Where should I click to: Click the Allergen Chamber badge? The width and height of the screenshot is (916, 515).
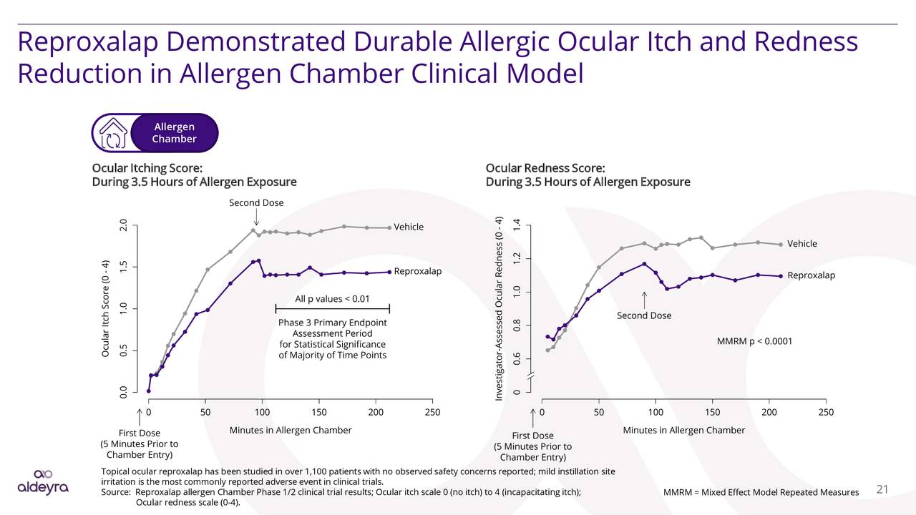(x=174, y=133)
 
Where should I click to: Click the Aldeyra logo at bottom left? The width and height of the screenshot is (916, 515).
(x=43, y=482)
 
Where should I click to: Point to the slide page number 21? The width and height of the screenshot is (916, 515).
(x=882, y=489)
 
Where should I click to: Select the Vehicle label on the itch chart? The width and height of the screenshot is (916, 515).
(x=409, y=227)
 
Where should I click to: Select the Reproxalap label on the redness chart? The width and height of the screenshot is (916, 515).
(x=811, y=275)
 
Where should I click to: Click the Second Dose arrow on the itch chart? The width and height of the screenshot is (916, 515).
(x=256, y=217)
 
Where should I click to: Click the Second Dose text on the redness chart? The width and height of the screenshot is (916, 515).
(x=643, y=315)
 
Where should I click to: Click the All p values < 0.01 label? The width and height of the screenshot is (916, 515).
(x=332, y=298)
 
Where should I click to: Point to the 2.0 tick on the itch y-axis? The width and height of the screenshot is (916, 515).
(x=124, y=226)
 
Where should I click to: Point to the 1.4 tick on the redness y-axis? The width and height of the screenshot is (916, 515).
(x=517, y=226)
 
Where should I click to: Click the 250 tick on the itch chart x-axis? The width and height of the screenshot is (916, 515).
(x=432, y=412)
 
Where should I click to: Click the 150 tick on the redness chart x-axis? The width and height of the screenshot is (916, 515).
(x=712, y=412)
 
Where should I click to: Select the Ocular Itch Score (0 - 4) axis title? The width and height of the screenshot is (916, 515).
(x=105, y=308)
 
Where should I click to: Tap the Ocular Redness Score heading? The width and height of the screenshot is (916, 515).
(x=545, y=168)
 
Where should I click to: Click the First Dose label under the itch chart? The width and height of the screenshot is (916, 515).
(x=139, y=433)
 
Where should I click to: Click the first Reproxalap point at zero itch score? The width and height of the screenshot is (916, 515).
(x=148, y=391)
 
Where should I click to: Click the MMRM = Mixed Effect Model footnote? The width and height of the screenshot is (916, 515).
(x=760, y=492)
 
